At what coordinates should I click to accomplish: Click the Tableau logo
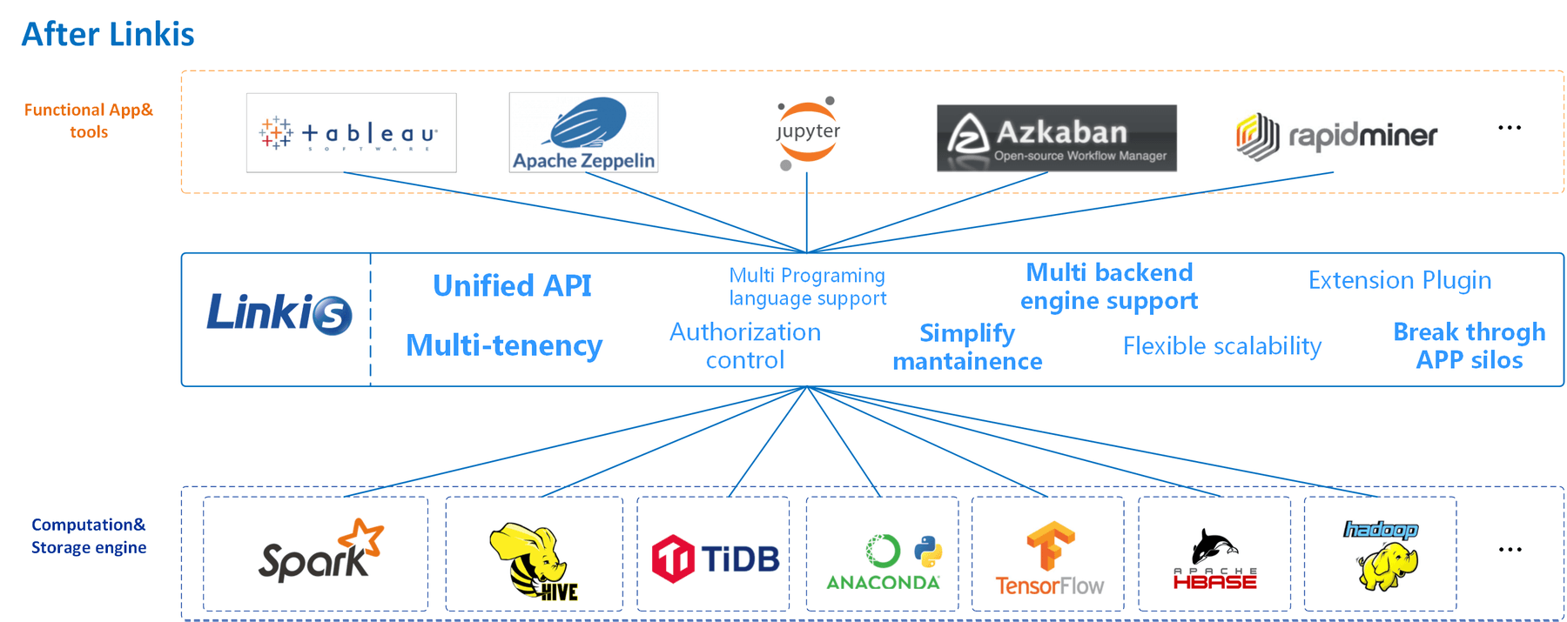[351, 133]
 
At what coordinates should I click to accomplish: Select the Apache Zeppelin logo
[583, 133]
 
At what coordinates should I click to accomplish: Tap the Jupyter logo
[807, 132]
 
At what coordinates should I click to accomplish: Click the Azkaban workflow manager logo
[1056, 138]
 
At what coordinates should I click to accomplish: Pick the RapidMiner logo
[1336, 136]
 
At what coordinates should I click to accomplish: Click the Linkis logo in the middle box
[279, 313]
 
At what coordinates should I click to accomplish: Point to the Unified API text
[512, 285]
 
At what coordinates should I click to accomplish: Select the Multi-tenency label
[504, 345]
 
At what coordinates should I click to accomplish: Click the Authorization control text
[745, 345]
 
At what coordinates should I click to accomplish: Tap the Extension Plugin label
[1399, 280]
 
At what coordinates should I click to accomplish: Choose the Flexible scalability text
[1221, 346]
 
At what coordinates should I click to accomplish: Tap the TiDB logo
[715, 558]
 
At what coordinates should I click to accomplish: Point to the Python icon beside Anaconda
[928, 551]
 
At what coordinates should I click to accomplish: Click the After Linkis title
[108, 34]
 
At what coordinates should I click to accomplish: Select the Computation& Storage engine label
[89, 536]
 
